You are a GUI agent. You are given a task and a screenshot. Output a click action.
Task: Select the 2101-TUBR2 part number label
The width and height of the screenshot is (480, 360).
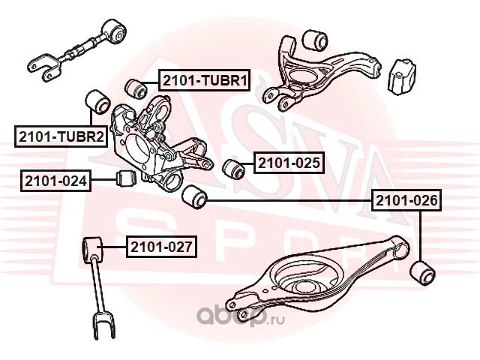coord(59,136)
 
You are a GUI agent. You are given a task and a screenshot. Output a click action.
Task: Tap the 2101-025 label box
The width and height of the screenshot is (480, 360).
coord(289,162)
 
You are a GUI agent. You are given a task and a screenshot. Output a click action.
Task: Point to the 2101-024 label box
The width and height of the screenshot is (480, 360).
coord(56,180)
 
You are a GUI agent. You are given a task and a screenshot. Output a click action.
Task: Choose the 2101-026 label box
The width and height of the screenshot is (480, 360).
coord(407,200)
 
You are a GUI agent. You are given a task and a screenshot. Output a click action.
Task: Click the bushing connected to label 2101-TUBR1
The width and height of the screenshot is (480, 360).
coord(137,88)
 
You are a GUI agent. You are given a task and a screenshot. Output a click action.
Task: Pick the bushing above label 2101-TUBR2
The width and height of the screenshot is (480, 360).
coord(95,100)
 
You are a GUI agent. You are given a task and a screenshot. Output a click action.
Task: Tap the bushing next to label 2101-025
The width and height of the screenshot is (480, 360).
coord(234,167)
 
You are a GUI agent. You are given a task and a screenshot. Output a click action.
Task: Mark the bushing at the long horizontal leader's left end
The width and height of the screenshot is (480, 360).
coord(194,197)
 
